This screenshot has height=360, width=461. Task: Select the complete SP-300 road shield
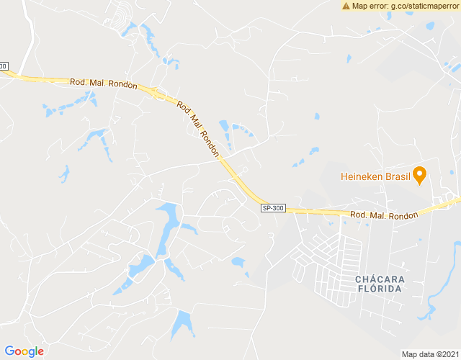[273, 208]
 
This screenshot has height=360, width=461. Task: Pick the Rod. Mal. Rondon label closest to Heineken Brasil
[384, 215]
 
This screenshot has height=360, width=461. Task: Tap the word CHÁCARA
[380, 279]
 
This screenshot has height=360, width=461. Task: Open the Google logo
[24, 351]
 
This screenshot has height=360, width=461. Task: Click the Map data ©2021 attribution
[430, 354]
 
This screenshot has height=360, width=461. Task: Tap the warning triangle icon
[346, 6]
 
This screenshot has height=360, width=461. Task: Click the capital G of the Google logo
[9, 351]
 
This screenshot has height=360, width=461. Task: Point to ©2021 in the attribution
[447, 354]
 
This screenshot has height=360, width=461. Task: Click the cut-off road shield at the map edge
[3, 66]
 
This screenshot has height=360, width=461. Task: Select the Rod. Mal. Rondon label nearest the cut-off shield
[103, 83]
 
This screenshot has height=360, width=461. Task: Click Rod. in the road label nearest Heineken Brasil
[359, 215]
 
